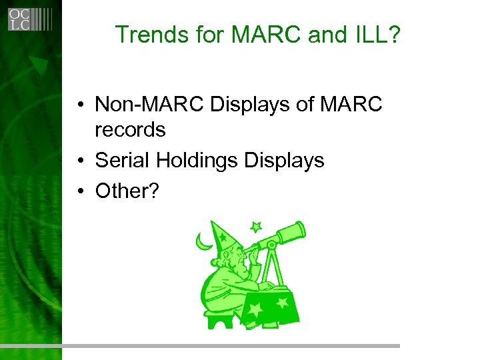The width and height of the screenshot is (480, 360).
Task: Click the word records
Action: click(130, 129)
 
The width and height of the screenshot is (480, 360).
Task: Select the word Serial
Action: click(119, 160)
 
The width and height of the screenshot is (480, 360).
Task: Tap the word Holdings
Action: click(193, 160)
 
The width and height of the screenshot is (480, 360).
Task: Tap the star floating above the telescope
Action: click(256, 227)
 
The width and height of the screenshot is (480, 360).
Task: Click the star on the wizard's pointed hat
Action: click(223, 235)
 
